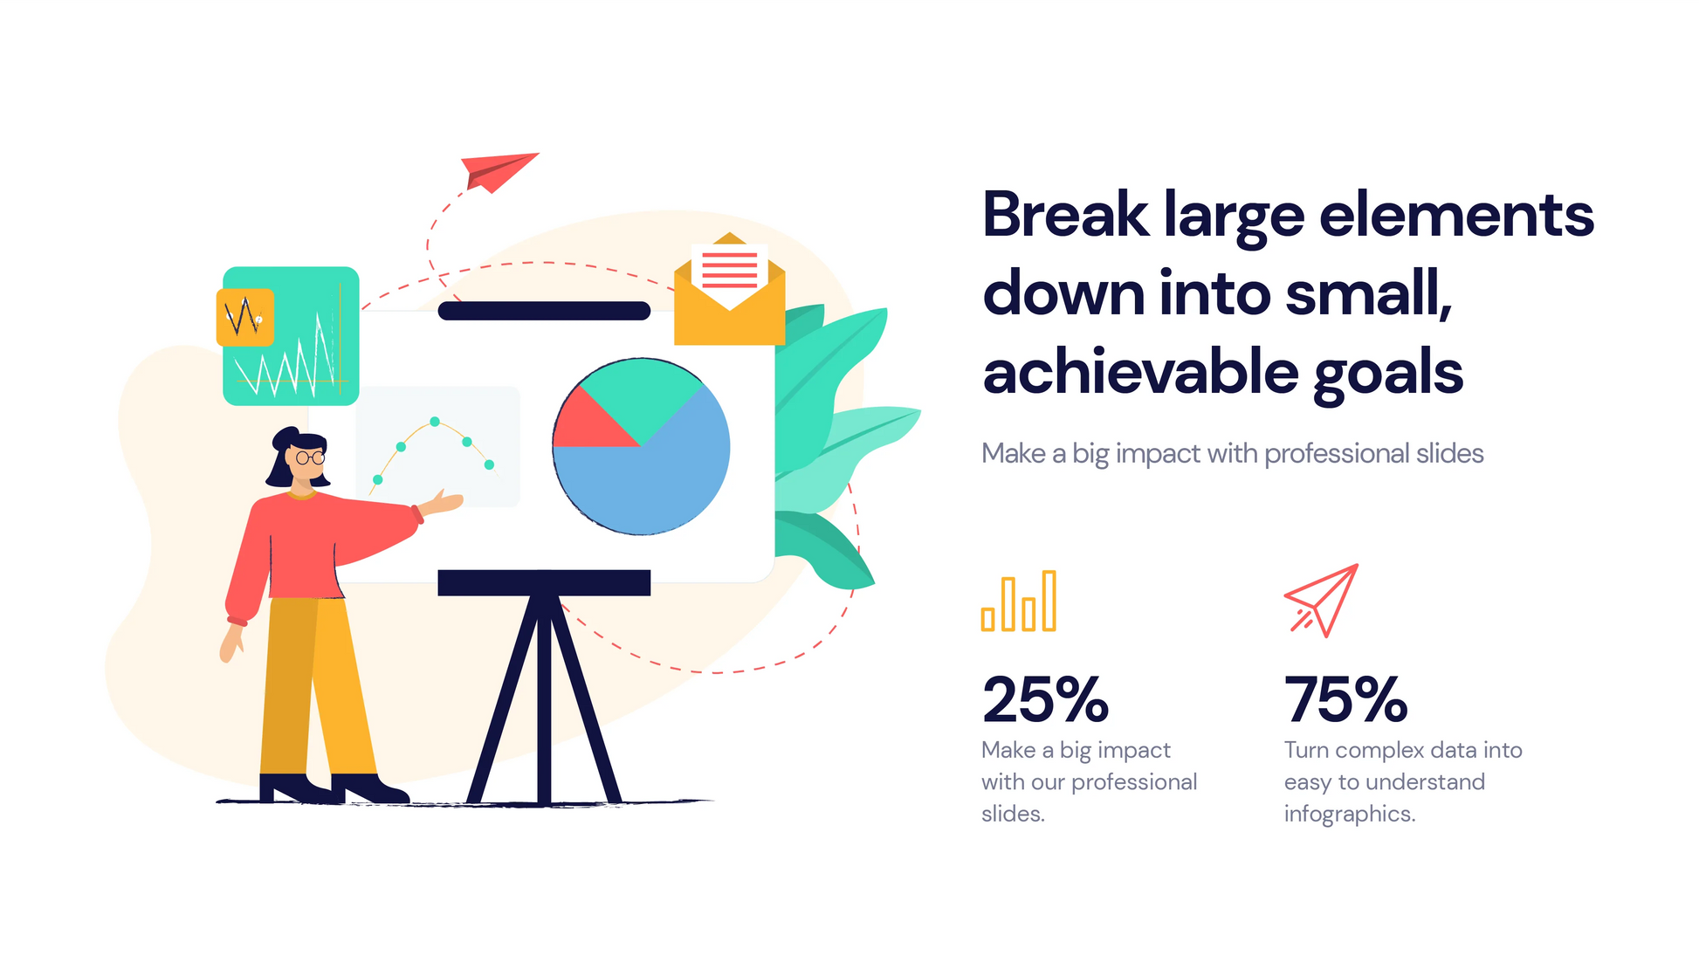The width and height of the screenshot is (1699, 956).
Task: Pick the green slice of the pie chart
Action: (x=642, y=393)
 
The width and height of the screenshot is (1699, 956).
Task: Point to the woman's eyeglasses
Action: (x=310, y=457)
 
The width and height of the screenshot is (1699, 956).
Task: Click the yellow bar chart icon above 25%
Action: (x=1019, y=602)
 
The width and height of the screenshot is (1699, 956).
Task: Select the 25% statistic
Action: (x=1045, y=700)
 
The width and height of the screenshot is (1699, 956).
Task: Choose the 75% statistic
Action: (x=1345, y=700)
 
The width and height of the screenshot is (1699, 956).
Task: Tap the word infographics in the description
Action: (x=1349, y=814)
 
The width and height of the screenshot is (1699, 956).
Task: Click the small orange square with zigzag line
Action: (x=245, y=317)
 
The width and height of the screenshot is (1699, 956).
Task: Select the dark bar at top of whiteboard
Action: (x=544, y=311)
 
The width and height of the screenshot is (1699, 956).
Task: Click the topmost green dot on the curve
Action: (x=435, y=422)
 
